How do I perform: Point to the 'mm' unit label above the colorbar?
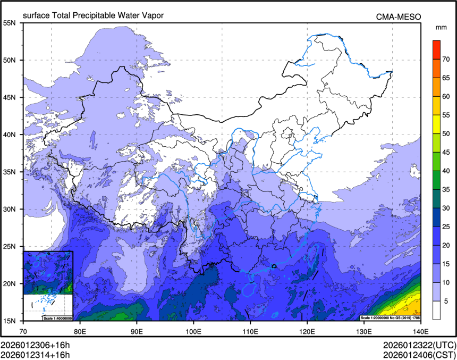click(441, 27)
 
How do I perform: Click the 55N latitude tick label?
click(9, 23)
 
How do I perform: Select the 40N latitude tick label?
click(9, 135)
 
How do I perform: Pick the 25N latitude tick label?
click(9, 246)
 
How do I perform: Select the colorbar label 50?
click(447, 133)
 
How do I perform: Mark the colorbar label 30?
click(447, 208)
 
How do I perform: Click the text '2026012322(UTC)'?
click(418, 345)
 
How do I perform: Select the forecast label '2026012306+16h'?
click(35, 345)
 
